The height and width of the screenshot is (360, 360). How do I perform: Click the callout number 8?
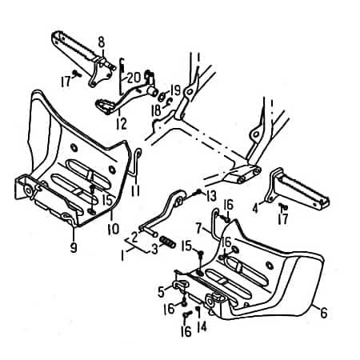102,42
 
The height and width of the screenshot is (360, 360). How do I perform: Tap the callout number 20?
134,78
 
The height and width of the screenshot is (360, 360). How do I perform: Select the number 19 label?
175,90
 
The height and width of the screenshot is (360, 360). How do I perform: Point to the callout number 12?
122,123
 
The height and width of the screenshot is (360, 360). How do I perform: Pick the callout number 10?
113,229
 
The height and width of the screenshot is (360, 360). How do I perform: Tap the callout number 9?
74,247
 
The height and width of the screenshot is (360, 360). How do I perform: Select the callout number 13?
211,197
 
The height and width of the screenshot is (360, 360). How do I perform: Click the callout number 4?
255,208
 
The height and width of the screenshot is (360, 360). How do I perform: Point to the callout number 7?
198,228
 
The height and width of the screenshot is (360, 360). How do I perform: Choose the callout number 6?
323,312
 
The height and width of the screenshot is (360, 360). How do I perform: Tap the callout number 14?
202,326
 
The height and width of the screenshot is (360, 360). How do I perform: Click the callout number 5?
161,291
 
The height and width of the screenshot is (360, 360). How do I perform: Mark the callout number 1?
122,255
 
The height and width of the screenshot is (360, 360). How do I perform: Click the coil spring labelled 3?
167,242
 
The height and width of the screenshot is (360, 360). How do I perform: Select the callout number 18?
156,111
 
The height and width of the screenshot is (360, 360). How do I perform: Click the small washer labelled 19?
162,97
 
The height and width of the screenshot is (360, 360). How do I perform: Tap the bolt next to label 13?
198,191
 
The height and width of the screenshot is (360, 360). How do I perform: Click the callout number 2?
134,237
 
